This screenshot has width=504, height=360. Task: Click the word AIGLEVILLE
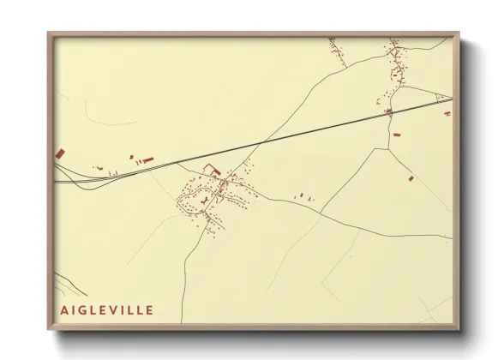(106, 309)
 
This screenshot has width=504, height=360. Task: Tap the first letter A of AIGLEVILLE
(63, 309)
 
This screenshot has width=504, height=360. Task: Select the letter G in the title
(84, 309)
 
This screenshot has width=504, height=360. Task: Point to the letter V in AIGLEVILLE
(116, 309)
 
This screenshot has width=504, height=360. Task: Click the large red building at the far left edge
(60, 153)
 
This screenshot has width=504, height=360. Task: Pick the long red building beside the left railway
(147, 159)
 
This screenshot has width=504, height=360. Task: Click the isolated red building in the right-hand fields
(411, 178)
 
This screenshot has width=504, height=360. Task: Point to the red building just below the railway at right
(396, 135)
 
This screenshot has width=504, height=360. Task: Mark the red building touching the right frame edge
(447, 113)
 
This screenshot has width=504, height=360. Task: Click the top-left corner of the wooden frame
(49, 34)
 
